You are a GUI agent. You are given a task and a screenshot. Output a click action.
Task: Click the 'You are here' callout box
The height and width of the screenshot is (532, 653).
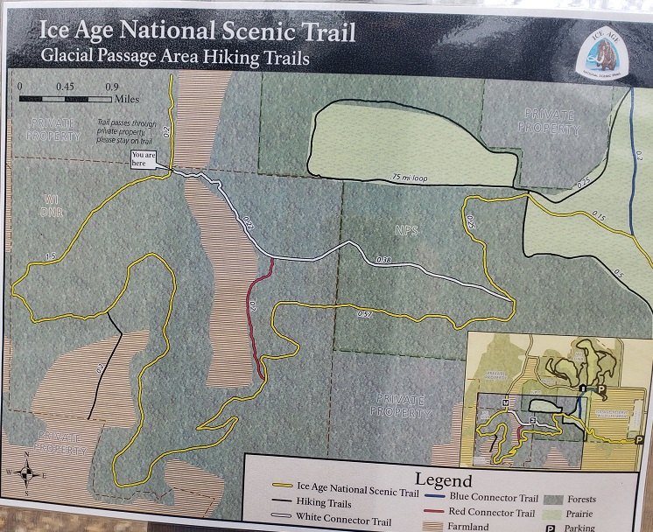tap(143, 158)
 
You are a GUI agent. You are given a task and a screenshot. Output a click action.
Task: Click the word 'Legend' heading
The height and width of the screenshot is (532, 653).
tap(444, 480)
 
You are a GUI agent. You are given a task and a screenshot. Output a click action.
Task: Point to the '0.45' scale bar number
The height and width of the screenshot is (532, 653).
tap(64, 87)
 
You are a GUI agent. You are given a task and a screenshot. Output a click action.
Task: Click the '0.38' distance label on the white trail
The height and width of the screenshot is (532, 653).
tap(383, 260)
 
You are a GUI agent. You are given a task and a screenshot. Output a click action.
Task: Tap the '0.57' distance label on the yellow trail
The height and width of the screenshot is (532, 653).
tap(366, 313)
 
